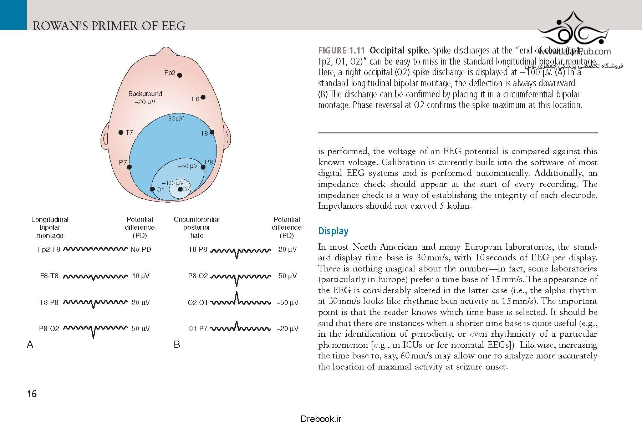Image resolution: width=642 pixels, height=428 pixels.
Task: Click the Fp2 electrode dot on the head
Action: coord(180,75)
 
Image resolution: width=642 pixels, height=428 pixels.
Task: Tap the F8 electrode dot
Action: coord(203,97)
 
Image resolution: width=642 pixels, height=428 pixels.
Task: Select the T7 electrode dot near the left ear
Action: coord(121,133)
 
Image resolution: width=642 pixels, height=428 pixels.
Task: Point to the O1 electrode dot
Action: coord(152,189)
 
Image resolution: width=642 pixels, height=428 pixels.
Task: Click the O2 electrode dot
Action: coord(180,189)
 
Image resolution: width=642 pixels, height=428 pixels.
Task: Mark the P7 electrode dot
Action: coord(129,167)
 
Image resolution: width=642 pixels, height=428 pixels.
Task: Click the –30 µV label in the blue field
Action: coord(174,118)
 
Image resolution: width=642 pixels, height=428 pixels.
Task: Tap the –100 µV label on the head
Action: coord(173,183)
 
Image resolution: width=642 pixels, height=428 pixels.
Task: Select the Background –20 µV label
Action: coord(145,98)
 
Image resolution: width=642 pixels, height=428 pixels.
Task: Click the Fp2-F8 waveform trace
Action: coord(95,249)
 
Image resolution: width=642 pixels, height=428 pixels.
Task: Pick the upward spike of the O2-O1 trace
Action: coord(236,296)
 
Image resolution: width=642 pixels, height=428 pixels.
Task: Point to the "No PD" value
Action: coord(141,249)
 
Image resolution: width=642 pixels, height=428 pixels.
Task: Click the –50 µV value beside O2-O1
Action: coord(287,303)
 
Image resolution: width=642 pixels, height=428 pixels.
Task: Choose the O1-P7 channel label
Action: coord(198,328)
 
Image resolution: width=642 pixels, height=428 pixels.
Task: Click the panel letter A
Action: coord(30,344)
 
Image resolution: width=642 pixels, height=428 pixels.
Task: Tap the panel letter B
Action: coord(177,344)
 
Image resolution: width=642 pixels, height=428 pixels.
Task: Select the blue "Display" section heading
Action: coord(333,231)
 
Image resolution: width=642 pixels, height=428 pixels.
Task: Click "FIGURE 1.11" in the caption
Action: coord(341,50)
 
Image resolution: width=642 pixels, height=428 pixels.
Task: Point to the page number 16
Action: coord(32,394)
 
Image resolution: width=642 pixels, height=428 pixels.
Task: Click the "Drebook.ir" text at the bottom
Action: coord(321,419)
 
